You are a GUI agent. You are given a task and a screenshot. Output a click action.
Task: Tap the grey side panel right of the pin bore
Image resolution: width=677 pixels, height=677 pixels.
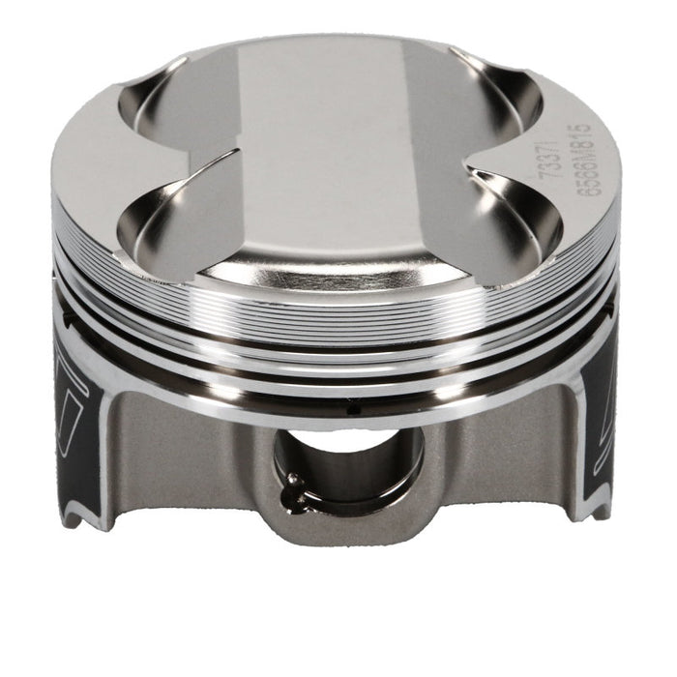493,455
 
